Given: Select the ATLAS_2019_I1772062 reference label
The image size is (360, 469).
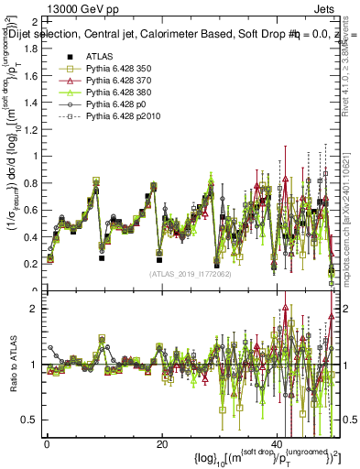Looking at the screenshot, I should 188,274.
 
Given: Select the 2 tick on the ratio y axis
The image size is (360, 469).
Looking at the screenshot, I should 35,308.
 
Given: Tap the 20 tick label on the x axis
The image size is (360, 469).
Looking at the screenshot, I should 161,444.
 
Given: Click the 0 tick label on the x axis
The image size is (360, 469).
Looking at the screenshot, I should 47,444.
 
